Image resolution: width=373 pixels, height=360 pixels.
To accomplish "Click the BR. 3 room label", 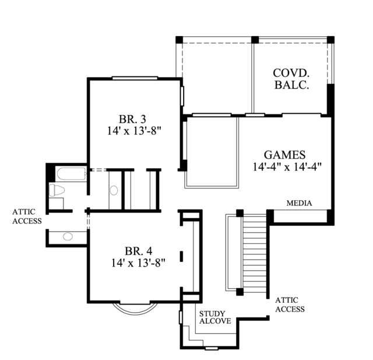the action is click(x=132, y=118).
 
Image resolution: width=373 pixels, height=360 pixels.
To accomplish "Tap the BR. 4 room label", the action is click(x=138, y=251).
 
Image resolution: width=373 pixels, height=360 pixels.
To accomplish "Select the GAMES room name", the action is click(x=285, y=155).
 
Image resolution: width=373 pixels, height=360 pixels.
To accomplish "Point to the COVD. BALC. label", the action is click(x=291, y=79).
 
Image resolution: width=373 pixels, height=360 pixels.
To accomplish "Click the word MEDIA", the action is click(x=299, y=203).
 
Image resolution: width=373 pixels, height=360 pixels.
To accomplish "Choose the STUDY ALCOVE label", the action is click(x=215, y=317).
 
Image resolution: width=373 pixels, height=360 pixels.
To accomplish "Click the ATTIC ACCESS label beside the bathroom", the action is click(x=27, y=216).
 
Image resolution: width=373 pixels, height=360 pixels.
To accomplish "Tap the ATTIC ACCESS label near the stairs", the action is click(x=290, y=305).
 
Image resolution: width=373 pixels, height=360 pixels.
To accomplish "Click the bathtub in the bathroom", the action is click(x=72, y=174).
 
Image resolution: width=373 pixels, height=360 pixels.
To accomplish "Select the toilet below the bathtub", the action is click(x=57, y=190).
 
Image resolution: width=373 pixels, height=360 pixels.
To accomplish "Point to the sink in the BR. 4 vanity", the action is click(x=68, y=236).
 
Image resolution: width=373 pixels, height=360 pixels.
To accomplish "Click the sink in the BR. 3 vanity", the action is click(x=114, y=190).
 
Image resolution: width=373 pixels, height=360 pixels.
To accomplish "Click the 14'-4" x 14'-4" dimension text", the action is click(x=287, y=167).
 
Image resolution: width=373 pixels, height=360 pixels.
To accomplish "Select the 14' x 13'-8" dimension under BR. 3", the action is click(x=134, y=131).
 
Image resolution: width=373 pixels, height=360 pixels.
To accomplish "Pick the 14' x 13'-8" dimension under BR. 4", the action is click(x=138, y=263).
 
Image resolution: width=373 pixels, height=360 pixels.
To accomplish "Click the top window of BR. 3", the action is click(x=135, y=78).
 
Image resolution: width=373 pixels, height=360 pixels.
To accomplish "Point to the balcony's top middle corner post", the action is click(x=255, y=40).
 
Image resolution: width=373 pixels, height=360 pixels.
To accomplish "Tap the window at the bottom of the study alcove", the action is click(x=212, y=348).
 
